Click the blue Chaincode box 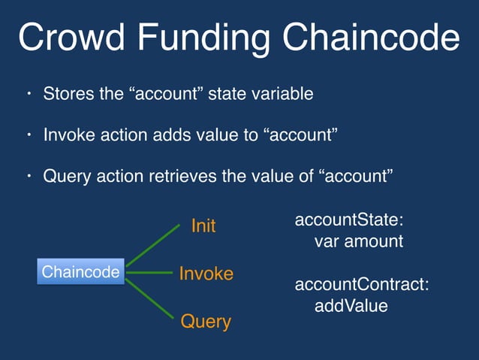pos(80,272)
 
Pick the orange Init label pos(203,225)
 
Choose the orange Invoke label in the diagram pos(206,274)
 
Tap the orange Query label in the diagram pos(206,322)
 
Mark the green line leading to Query pos(153,299)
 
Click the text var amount pos(359,242)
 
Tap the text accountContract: pos(362,285)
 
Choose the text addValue pos(351,306)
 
